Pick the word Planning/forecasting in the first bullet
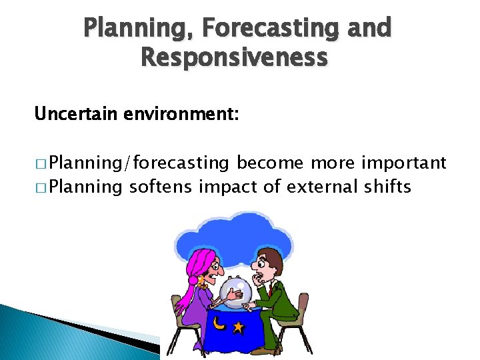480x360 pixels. pos(139,163)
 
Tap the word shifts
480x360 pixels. pos(389,187)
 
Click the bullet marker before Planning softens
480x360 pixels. pos(41,187)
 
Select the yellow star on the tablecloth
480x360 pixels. pos(238,327)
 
